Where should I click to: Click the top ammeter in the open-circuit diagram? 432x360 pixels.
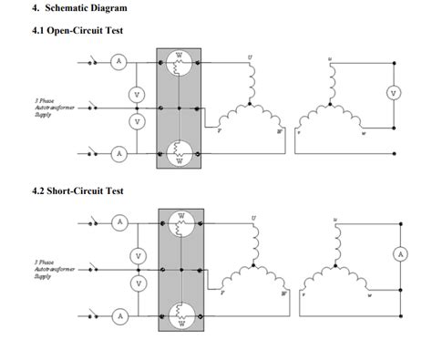point(118,61)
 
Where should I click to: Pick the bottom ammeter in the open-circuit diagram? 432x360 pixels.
point(118,153)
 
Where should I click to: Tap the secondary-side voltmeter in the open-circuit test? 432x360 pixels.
point(393,92)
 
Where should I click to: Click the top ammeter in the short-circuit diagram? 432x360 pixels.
point(118,221)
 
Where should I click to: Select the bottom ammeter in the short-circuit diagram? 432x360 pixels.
point(118,315)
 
